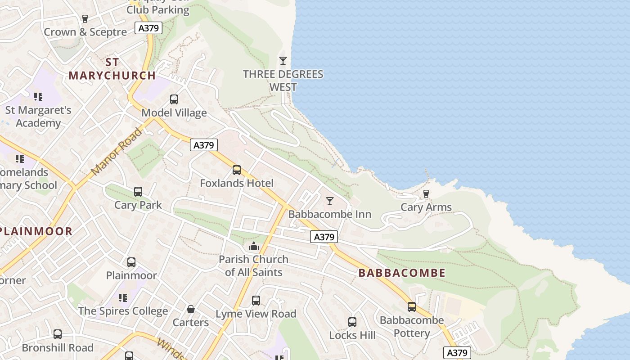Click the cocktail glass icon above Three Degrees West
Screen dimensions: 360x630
(x=283, y=61)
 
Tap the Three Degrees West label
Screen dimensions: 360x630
(x=283, y=81)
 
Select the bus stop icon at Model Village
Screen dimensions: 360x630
(x=174, y=99)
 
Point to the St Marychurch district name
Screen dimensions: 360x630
(x=112, y=69)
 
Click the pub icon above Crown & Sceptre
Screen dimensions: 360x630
(x=85, y=19)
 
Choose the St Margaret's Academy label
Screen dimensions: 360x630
(x=38, y=117)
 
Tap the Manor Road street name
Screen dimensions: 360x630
(x=117, y=152)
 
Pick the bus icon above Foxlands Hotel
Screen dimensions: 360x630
(x=237, y=170)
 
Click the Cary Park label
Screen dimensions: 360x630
(x=138, y=205)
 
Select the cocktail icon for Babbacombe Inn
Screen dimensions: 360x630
(x=330, y=201)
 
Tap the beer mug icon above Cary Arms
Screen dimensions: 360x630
(x=426, y=194)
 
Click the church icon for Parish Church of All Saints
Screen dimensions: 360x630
(x=254, y=246)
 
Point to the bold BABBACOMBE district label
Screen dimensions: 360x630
(x=402, y=273)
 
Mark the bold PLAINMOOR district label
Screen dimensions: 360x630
(x=36, y=231)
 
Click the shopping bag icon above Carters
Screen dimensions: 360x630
(x=191, y=309)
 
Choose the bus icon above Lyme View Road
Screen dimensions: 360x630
(x=256, y=300)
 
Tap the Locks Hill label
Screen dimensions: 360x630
(x=352, y=335)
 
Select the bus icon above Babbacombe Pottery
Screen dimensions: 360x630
(x=412, y=307)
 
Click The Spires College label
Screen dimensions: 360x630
(x=123, y=311)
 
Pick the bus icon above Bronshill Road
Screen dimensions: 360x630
(x=58, y=334)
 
